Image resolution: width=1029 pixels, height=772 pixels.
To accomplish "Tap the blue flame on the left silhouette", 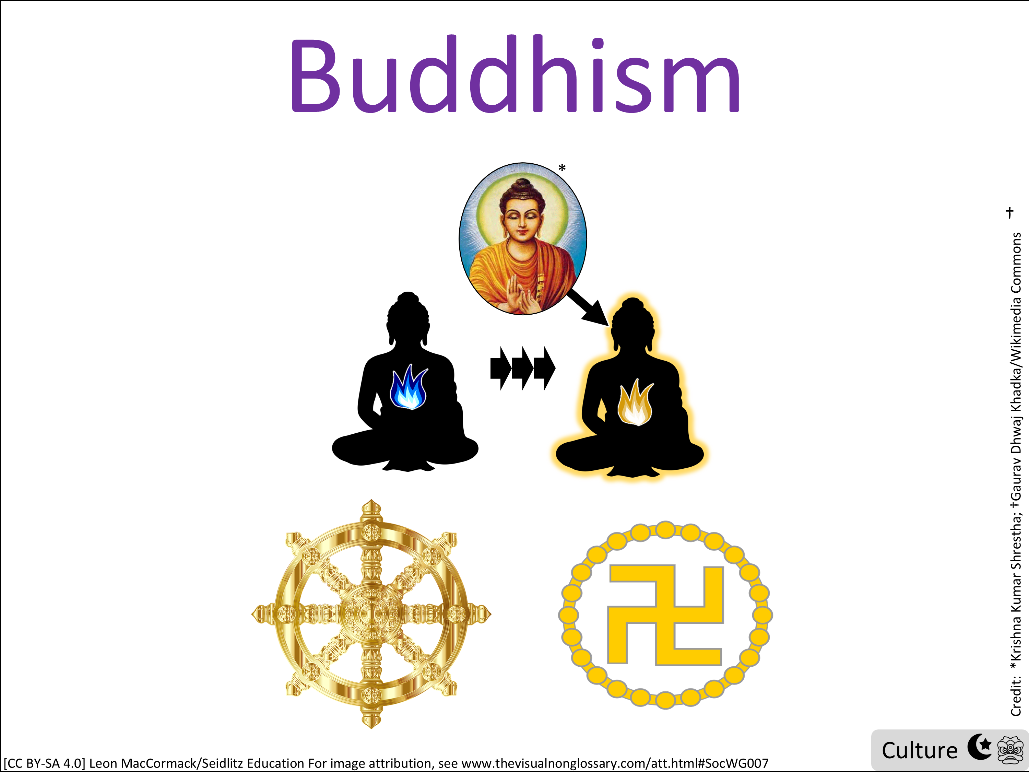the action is pos(409,388).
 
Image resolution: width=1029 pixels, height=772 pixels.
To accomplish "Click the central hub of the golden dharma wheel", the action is pos(371,614).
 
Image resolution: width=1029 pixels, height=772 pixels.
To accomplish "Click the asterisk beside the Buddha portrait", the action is pos(562,168).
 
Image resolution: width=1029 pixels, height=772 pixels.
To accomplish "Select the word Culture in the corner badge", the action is pos(920,751).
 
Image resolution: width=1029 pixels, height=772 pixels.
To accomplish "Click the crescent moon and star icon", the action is pos(980,747).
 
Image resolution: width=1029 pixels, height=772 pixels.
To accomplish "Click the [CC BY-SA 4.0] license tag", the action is pos(45,763).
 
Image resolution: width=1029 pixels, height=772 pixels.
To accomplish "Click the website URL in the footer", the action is pos(615,763).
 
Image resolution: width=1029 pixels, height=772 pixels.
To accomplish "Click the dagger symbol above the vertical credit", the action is pos(1009,213).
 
